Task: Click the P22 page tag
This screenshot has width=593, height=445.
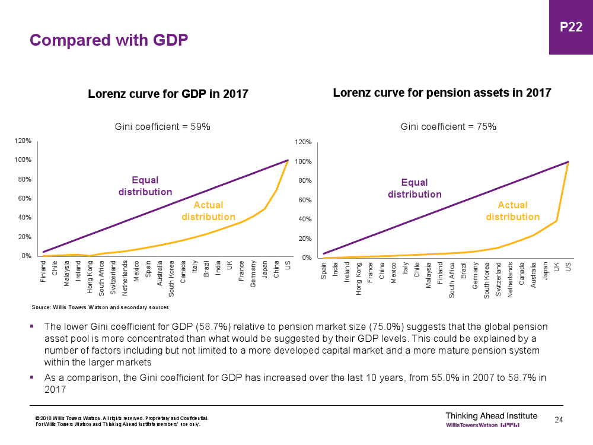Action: point(570,27)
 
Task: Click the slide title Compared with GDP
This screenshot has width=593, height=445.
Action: point(109,40)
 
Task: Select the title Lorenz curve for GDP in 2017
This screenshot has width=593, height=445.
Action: point(168,94)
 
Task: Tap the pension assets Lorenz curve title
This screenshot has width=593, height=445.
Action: point(442,93)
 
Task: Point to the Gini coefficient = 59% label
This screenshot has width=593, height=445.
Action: point(162,126)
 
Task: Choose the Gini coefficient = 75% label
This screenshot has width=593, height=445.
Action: point(448,126)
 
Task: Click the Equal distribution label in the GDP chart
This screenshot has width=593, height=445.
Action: point(145,186)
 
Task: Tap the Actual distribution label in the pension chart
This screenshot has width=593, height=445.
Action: point(512,211)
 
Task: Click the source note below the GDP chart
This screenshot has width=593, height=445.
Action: point(100,307)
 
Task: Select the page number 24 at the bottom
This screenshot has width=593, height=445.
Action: point(558,420)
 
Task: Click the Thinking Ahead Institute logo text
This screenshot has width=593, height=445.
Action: point(491,415)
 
